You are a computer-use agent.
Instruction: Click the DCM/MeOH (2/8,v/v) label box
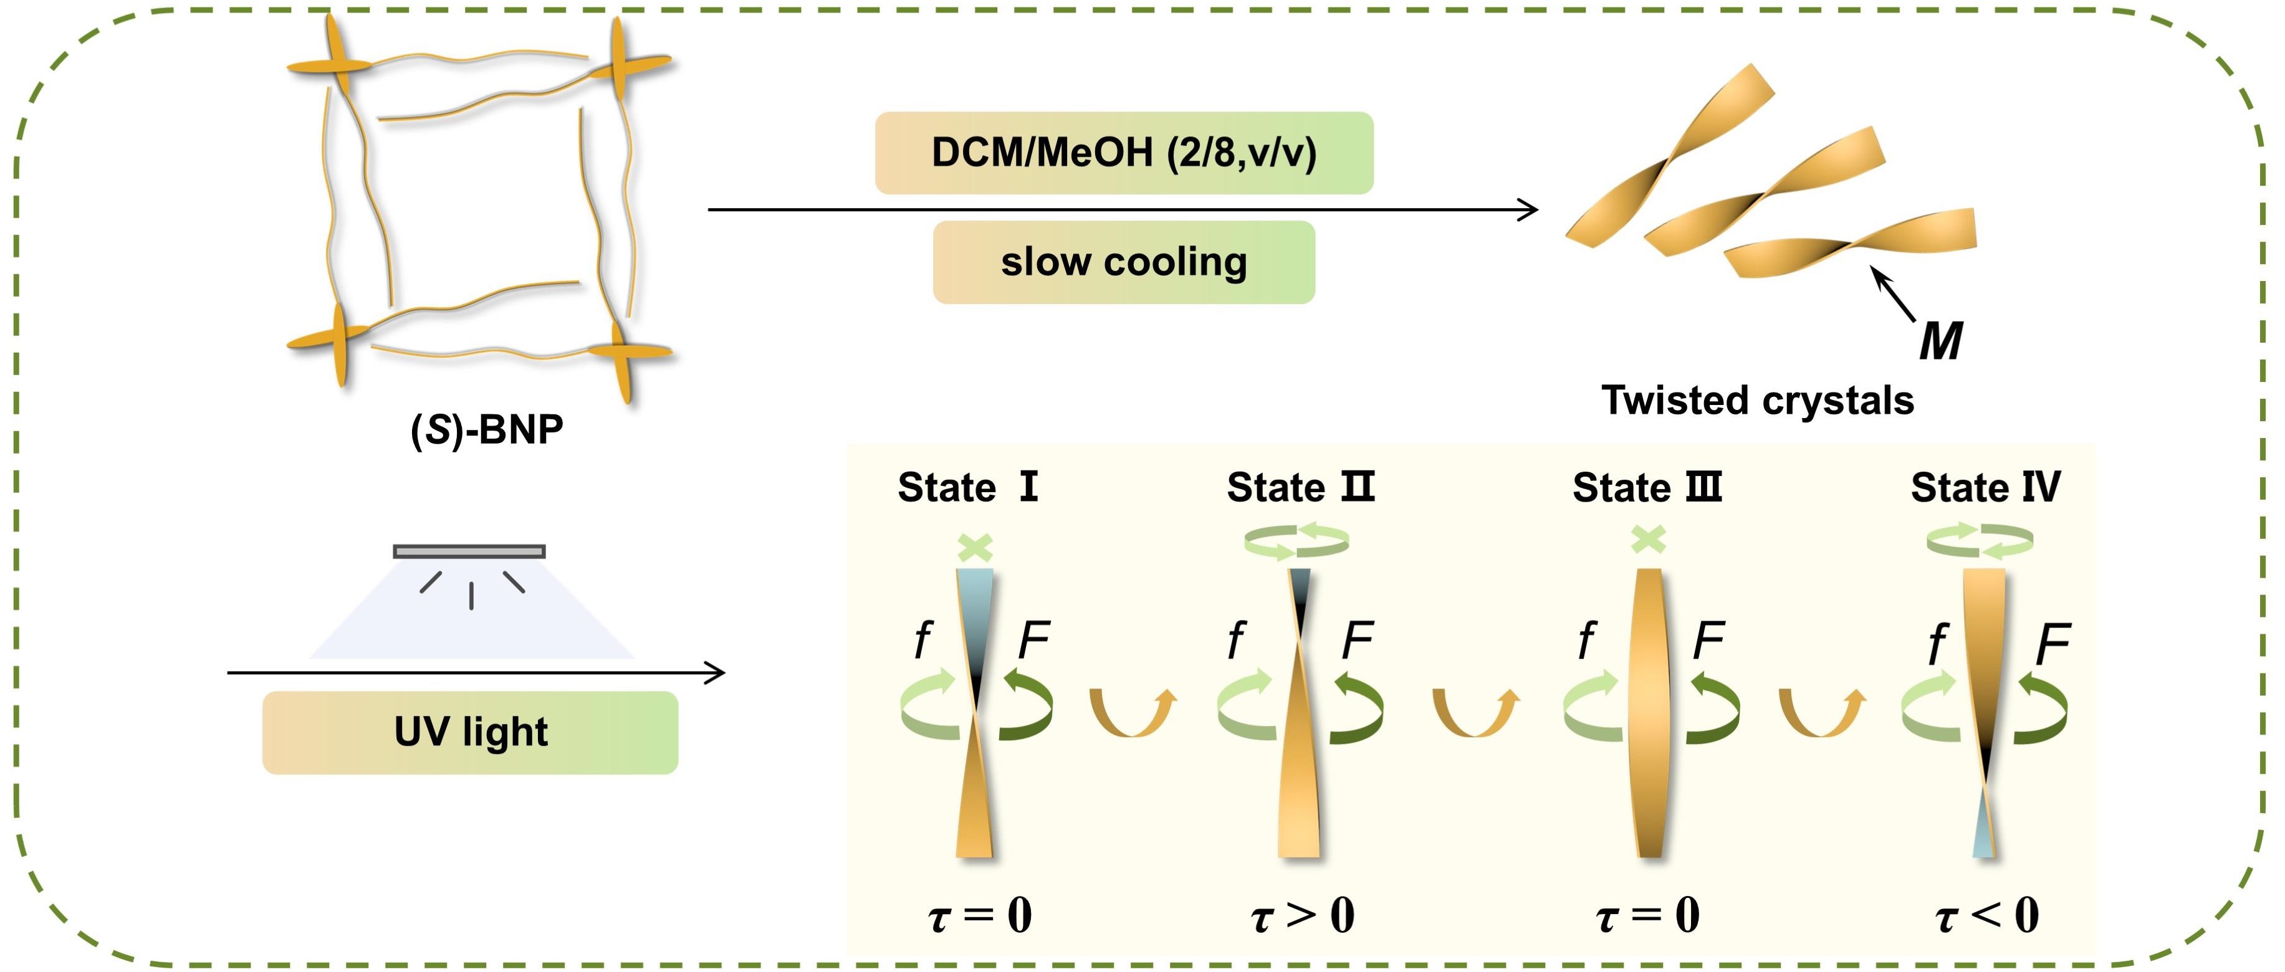click(1124, 153)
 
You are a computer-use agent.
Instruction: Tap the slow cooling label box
click(1124, 262)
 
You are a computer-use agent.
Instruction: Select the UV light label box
click(470, 733)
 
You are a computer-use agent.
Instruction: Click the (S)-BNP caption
click(487, 430)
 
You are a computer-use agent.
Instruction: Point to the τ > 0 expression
click(1302, 915)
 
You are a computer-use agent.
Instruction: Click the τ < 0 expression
click(1987, 915)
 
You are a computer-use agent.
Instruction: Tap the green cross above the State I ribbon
click(975, 547)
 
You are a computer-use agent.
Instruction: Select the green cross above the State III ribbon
click(1648, 539)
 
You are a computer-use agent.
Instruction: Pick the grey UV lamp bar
click(469, 551)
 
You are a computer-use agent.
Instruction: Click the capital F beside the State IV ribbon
click(2053, 643)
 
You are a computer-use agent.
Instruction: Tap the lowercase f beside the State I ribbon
click(922, 639)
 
